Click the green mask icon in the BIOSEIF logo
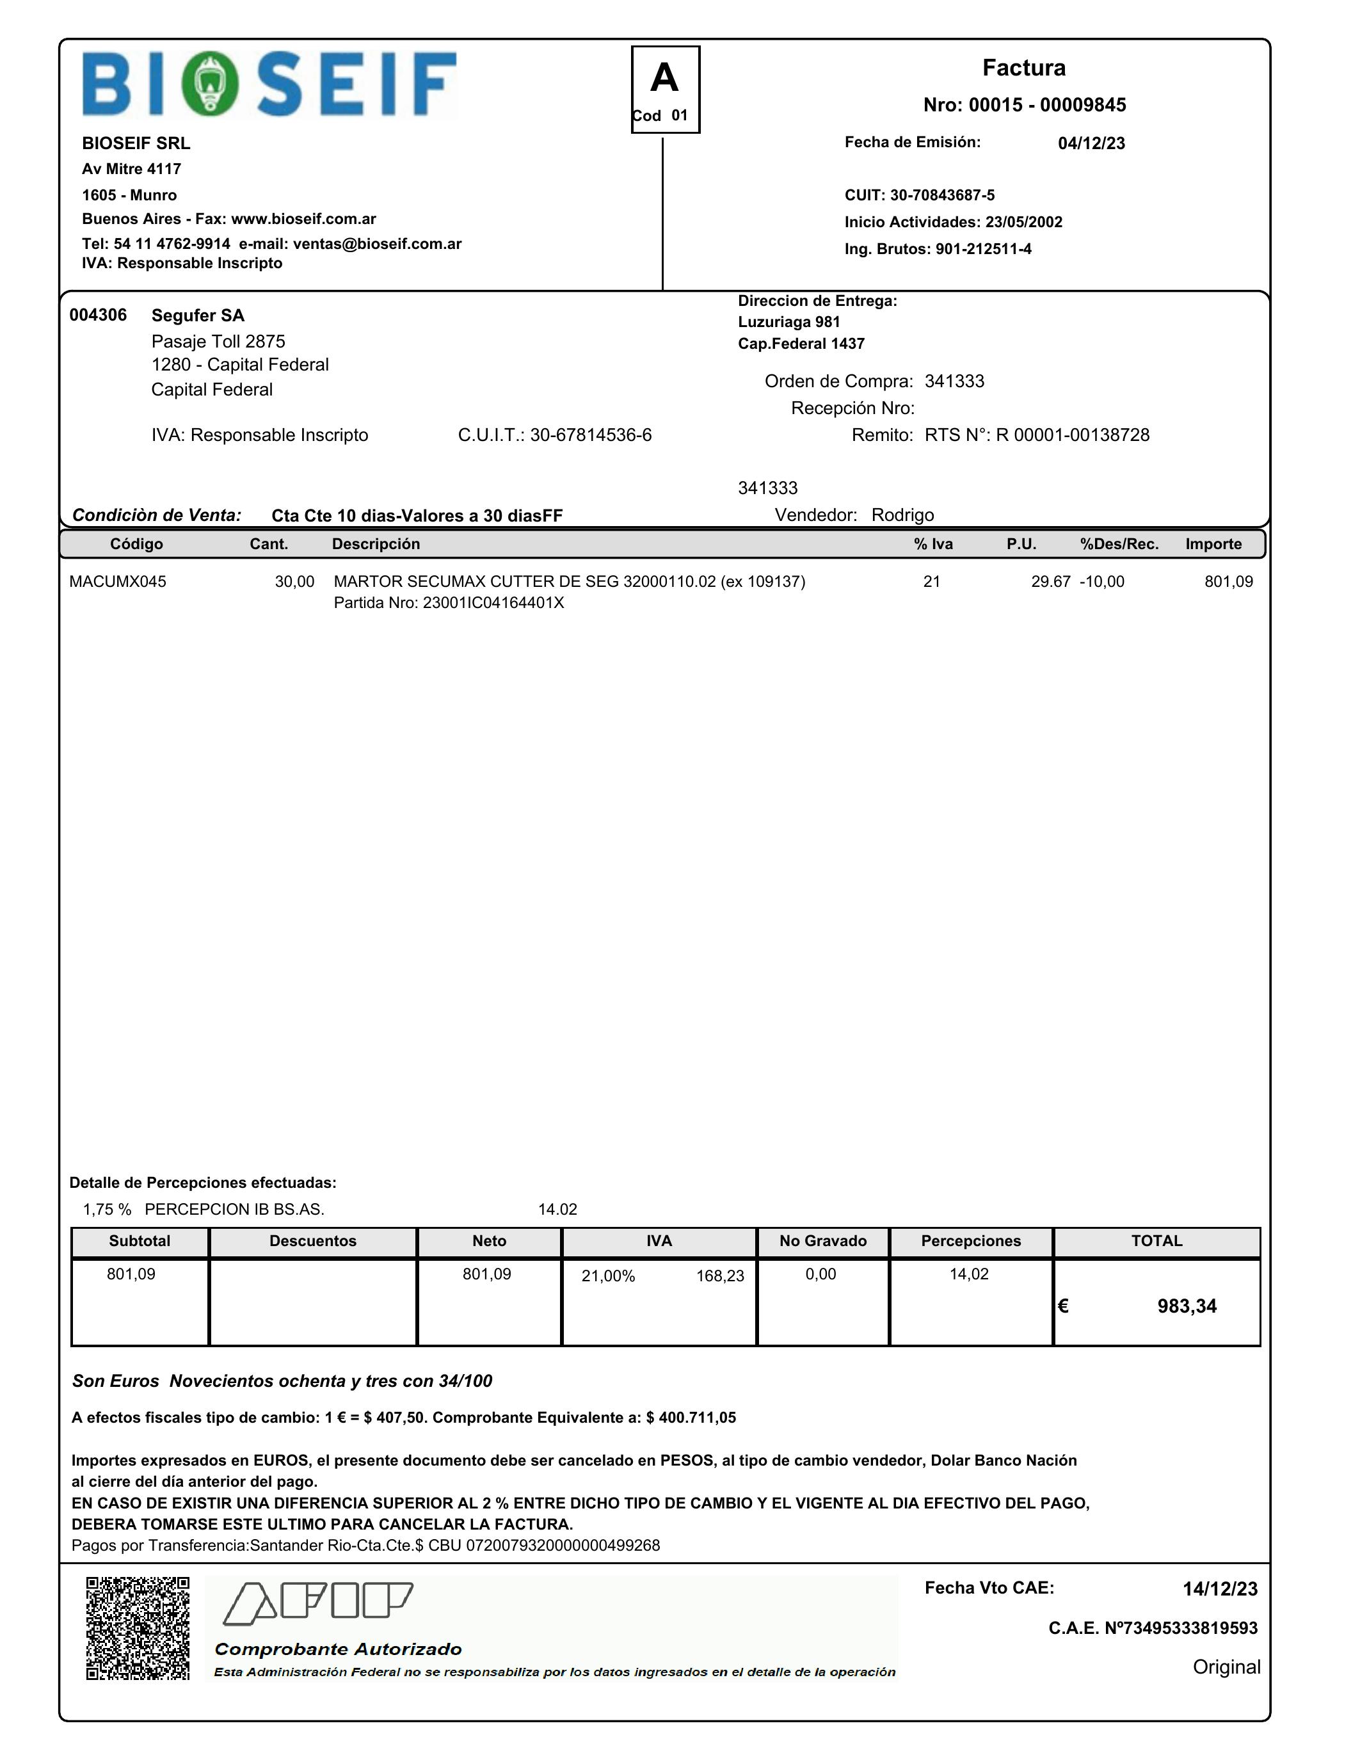(209, 84)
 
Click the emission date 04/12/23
(1091, 143)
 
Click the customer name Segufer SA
(197, 315)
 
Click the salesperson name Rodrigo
(902, 515)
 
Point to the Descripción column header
(376, 544)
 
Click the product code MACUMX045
(118, 582)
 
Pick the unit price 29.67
(1051, 582)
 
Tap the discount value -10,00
(1101, 582)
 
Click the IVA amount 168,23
(719, 1276)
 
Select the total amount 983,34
(1187, 1306)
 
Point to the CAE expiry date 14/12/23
(1219, 1589)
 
